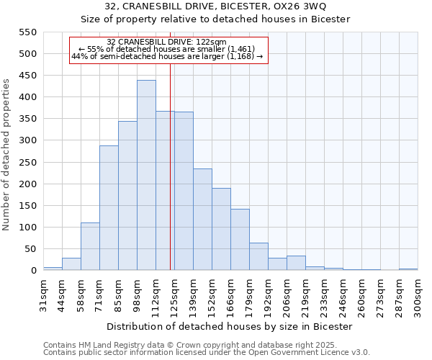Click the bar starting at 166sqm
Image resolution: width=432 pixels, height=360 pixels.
240,239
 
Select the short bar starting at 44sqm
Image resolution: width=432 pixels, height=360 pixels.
71,264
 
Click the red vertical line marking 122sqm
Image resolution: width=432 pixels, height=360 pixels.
170,180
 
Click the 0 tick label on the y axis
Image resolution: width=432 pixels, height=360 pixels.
33,271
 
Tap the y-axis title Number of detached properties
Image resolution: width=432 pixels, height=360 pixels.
6,155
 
